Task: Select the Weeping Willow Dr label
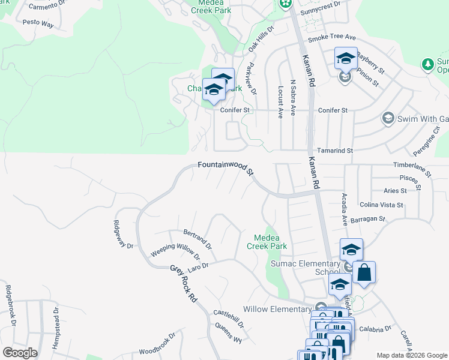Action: (x=175, y=250)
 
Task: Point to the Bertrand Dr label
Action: (x=197, y=238)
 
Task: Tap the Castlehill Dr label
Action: (x=229, y=318)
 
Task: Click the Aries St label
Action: (x=395, y=191)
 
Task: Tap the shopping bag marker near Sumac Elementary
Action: (x=364, y=273)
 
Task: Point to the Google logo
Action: (x=20, y=352)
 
